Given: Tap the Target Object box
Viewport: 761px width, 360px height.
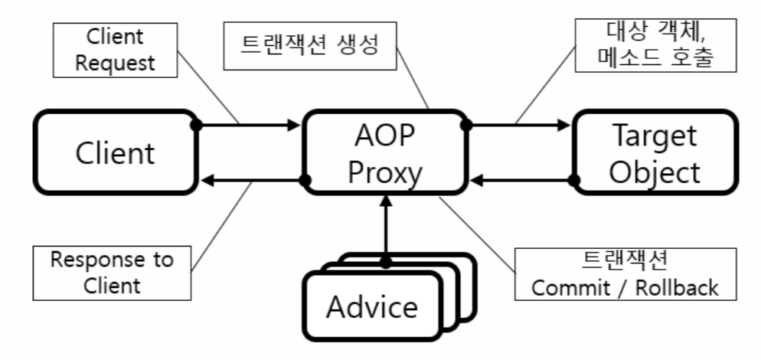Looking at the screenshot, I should pyautogui.click(x=655, y=153).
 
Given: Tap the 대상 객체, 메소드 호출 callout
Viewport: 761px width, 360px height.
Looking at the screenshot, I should pyautogui.click(x=658, y=44).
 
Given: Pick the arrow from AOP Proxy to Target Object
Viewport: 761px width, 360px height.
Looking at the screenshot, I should pyautogui.click(x=521, y=124).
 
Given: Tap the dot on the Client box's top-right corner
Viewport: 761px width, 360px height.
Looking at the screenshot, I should pyautogui.click(x=198, y=124).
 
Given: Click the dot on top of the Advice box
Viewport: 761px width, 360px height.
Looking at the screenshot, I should pyautogui.click(x=385, y=262).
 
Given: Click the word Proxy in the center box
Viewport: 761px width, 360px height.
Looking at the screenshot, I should pyautogui.click(x=385, y=173).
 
